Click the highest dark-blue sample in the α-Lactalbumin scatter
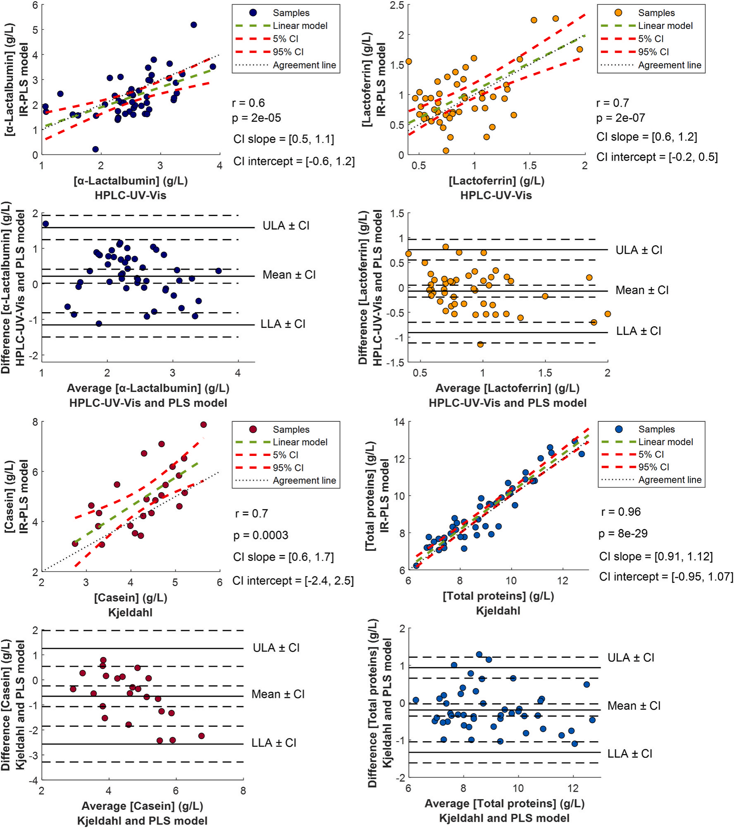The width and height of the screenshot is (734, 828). point(193,25)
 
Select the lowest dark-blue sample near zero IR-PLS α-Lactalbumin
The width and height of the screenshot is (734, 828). point(95,149)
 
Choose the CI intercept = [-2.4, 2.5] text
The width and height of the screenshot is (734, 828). point(293,581)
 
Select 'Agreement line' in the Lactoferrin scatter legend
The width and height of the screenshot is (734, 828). point(670,65)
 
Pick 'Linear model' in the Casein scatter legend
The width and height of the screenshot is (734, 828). point(300,442)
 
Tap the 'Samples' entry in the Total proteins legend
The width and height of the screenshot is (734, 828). point(656,429)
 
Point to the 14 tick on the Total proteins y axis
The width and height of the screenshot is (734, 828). point(399,422)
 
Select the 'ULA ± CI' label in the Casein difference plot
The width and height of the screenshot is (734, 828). point(276,648)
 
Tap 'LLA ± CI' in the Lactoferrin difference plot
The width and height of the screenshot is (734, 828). point(639,331)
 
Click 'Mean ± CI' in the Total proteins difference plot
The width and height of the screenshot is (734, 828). point(634,706)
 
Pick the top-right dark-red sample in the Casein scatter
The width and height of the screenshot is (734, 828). point(203,425)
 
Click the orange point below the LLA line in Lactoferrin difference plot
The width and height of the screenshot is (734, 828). point(480,344)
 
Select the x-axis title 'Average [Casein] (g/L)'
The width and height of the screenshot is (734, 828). point(142,806)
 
